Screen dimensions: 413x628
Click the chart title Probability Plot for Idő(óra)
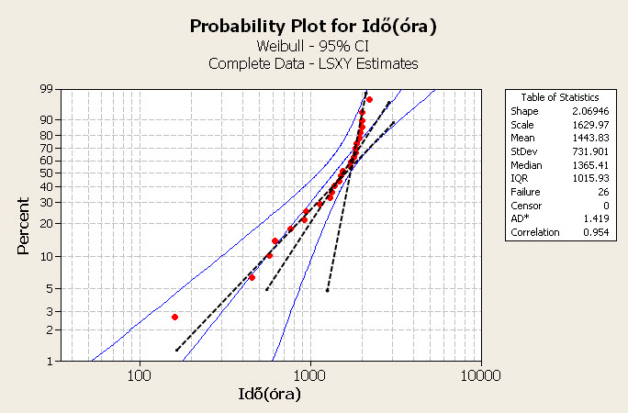(312, 26)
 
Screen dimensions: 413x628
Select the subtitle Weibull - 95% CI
(313, 46)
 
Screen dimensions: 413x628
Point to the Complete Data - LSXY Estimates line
(313, 63)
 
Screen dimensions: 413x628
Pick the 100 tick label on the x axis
(140, 374)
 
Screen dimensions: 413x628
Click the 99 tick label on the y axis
(46, 90)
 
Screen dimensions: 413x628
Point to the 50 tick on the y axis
(46, 173)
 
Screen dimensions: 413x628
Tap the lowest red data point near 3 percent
(174, 317)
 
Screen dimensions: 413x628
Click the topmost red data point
(369, 99)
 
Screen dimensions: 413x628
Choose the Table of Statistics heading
(560, 96)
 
